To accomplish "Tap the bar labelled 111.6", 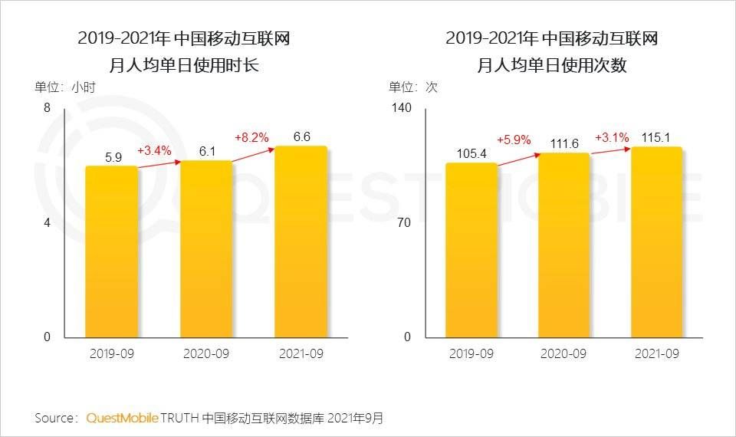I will (564, 245).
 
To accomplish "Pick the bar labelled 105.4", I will (472, 250).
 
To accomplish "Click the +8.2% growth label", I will (252, 138).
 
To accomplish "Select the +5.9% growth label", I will (514, 140).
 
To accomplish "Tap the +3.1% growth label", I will (612, 138).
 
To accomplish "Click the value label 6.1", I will (207, 152).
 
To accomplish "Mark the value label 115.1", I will (657, 138).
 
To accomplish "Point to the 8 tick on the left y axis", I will (47, 108).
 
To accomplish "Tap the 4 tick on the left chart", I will (47, 223).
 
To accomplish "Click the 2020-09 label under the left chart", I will (206, 353).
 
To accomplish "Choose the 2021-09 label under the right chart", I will (657, 353).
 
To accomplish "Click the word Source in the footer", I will (54, 418).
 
